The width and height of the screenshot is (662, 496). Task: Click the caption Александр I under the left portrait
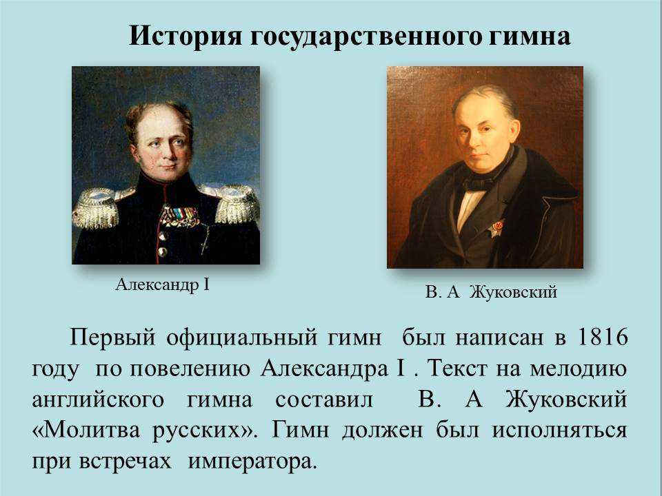pos(163,285)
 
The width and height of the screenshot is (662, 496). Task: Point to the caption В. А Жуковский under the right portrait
pos(491,291)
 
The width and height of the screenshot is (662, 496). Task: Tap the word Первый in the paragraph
pos(112,338)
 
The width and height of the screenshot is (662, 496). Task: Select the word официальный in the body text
pos(241,338)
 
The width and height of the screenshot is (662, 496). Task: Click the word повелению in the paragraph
pos(190,369)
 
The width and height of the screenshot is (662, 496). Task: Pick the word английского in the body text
pos(98,400)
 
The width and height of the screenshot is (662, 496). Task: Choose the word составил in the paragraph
pos(324,400)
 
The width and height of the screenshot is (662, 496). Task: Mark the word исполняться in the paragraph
pos(559,431)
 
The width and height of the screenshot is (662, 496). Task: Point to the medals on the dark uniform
pos(179,216)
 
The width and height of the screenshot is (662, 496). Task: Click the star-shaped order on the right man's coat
pos(497,229)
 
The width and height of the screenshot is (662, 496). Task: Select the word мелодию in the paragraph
pos(579,369)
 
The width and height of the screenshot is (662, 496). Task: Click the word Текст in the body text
pos(457,369)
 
